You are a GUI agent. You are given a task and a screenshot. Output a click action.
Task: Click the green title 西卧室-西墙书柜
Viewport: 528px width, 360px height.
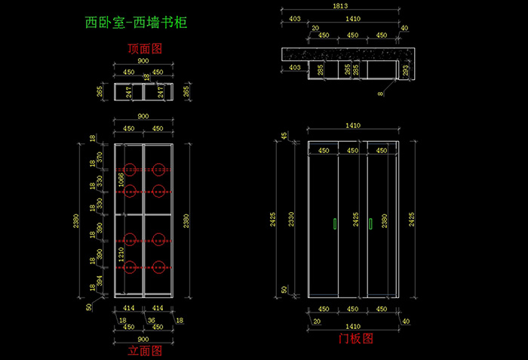pyautogui.click(x=136, y=23)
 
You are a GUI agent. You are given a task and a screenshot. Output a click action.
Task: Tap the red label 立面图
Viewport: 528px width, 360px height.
pyautogui.click(x=144, y=349)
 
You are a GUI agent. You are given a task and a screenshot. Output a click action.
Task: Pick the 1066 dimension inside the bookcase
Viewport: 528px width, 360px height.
pyautogui.click(x=121, y=181)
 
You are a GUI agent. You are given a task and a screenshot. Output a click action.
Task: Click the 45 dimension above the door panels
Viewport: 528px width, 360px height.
pyautogui.click(x=284, y=136)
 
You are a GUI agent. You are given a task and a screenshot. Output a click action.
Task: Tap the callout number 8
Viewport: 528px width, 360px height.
pyautogui.click(x=381, y=94)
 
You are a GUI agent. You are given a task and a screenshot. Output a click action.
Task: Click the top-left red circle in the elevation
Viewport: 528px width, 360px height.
pyautogui.click(x=130, y=169)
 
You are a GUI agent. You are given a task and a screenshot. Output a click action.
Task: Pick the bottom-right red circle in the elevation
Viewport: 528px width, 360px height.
pyautogui.click(x=158, y=266)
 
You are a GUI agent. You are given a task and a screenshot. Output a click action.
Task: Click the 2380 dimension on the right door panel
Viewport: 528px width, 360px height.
pyautogui.click(x=385, y=219)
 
